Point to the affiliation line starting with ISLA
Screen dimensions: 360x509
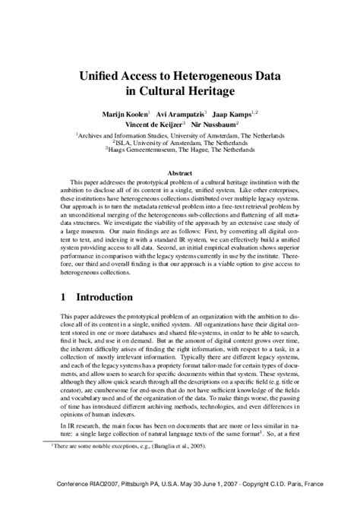pos(181,141)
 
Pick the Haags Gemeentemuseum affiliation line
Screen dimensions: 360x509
pos(181,150)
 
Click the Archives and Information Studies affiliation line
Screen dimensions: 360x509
pos(181,133)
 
